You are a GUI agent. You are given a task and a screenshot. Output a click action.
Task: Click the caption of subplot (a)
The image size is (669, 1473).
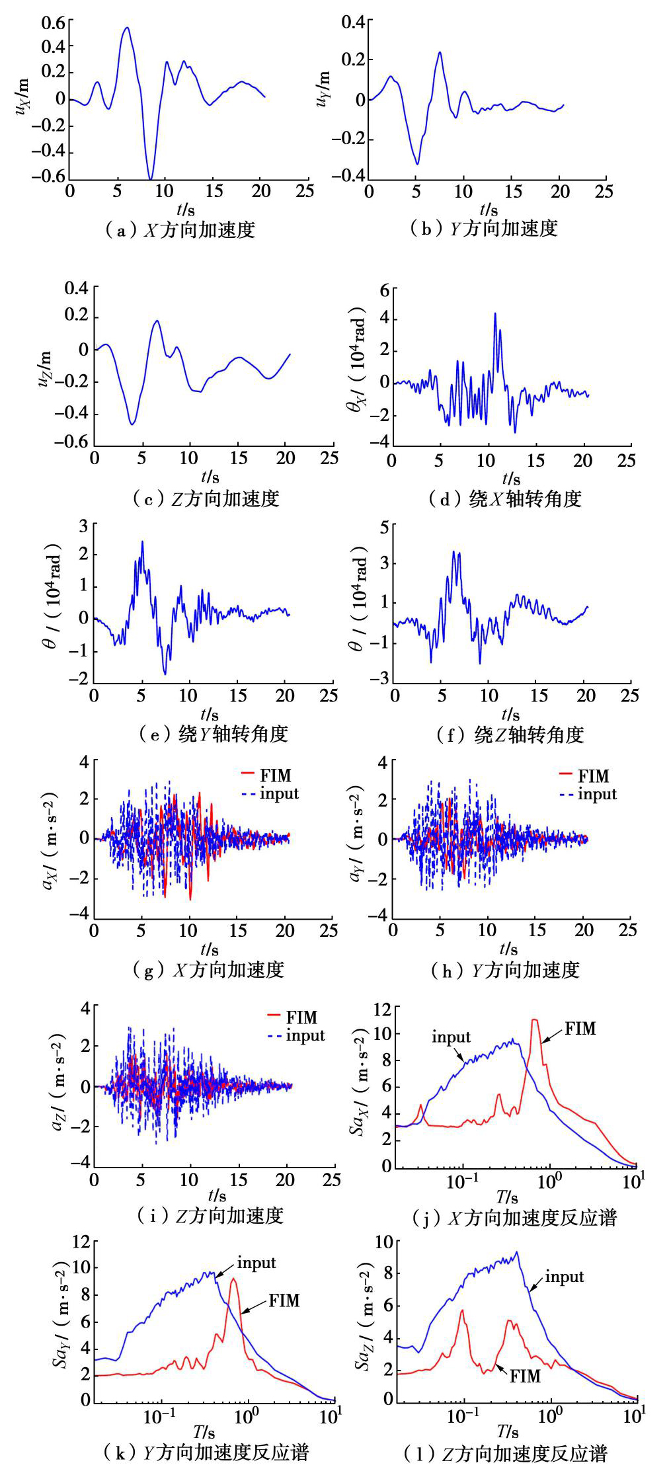180,230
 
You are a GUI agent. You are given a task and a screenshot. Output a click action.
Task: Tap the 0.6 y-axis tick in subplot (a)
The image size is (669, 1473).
54,22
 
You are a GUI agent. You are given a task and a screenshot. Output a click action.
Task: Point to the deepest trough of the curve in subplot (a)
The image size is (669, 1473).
151,179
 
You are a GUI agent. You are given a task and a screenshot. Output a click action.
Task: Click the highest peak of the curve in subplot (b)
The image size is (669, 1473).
440,52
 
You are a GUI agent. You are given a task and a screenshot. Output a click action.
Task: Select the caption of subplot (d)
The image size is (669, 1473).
505,498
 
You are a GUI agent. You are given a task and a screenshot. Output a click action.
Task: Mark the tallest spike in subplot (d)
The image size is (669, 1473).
494,313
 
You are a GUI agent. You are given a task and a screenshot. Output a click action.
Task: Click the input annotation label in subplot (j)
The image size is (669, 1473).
451,1037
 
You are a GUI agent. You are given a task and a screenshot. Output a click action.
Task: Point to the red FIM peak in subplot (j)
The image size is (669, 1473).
534,1020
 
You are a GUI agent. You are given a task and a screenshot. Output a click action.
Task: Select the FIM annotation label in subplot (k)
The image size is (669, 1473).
284,1300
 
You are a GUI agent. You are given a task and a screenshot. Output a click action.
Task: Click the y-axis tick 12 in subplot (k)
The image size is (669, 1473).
81,1241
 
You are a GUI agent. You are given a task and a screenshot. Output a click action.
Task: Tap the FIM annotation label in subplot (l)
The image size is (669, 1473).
525,1376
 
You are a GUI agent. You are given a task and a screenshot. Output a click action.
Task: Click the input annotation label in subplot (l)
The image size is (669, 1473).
564,1277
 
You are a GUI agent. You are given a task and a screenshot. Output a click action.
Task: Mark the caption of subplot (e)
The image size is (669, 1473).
214,734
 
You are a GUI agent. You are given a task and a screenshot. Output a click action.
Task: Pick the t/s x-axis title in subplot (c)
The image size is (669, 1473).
210,476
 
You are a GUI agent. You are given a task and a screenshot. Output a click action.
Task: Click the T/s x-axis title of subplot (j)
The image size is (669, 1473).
507,1197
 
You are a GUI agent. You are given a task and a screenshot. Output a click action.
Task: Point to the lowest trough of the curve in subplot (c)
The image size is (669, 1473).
133,424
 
